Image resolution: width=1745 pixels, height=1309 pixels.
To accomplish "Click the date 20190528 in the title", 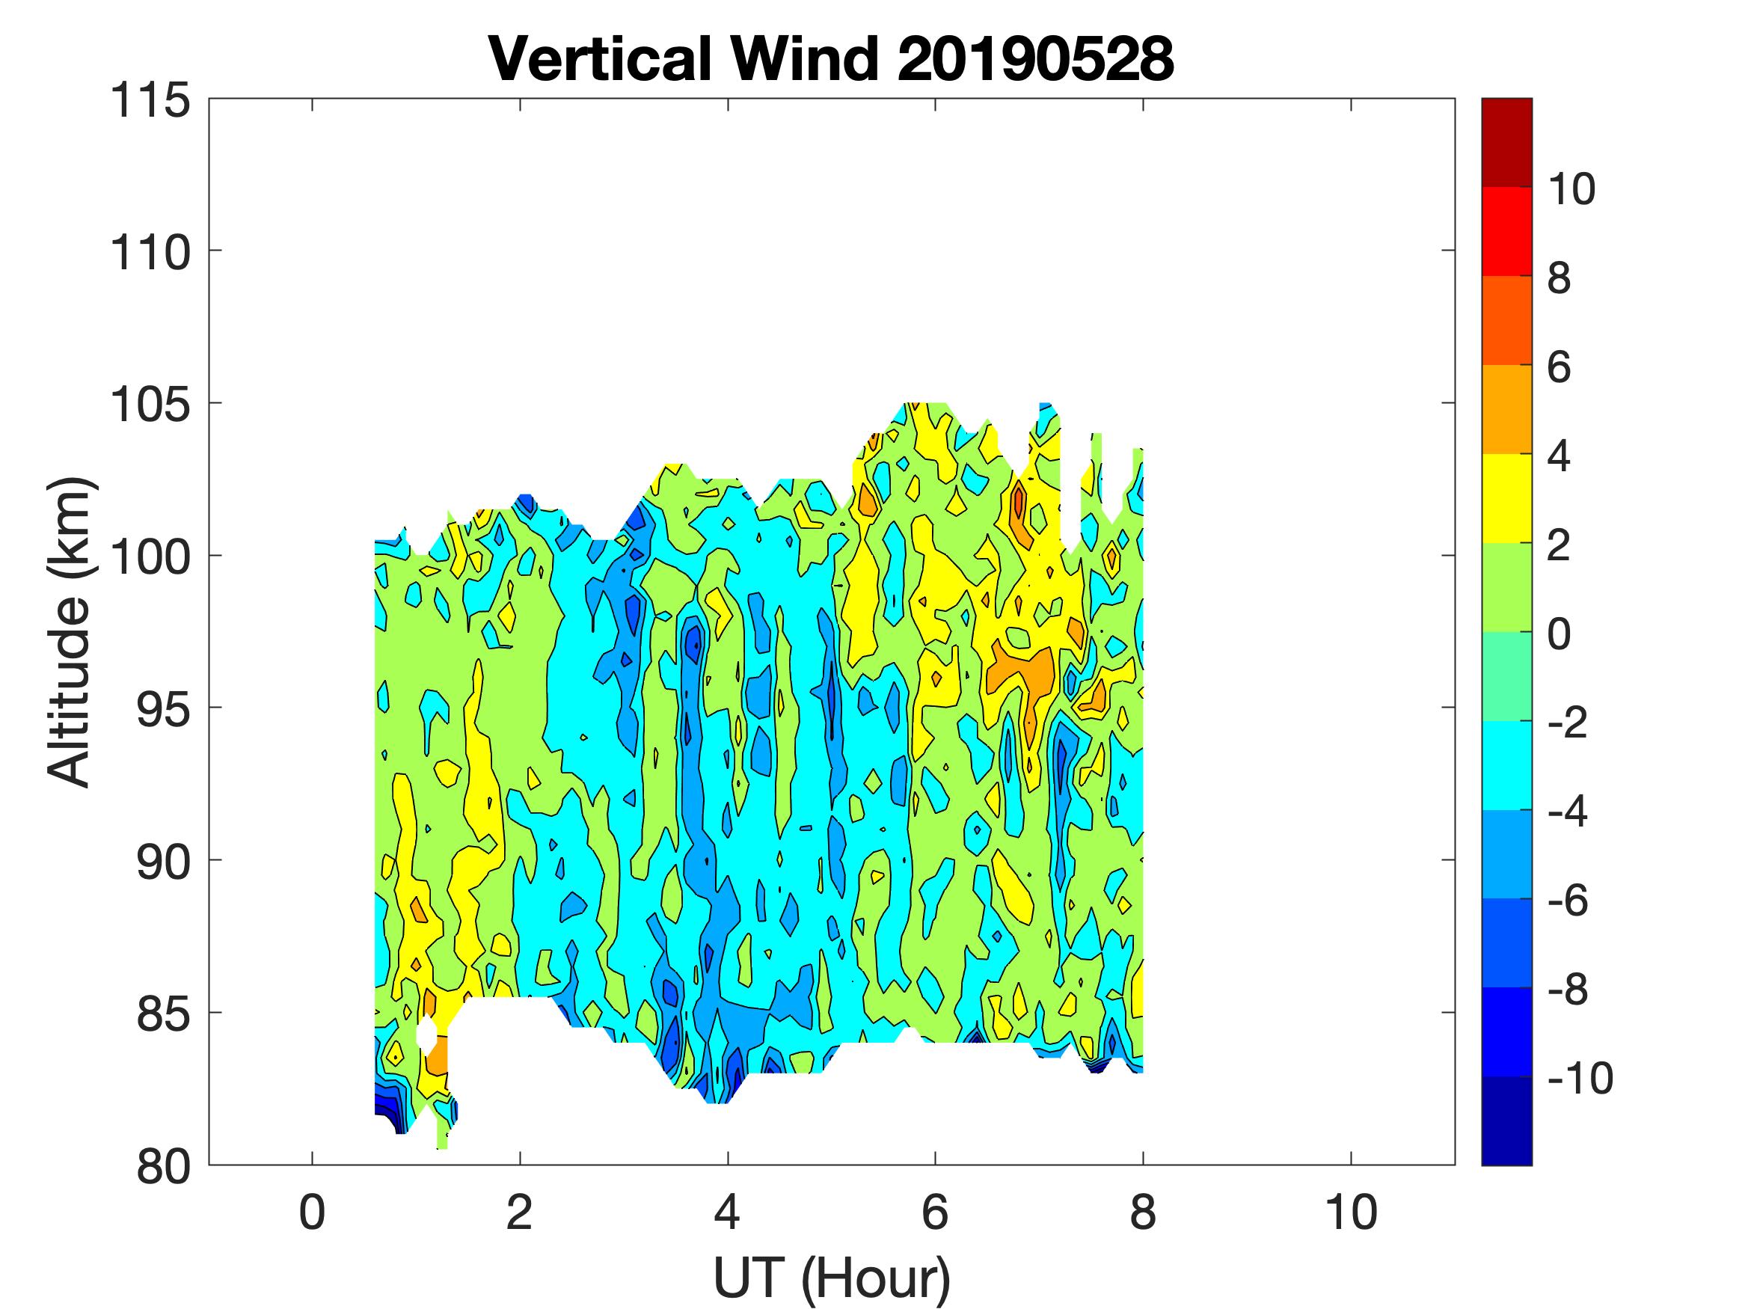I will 1035,60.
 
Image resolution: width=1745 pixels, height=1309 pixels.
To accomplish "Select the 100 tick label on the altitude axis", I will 150,557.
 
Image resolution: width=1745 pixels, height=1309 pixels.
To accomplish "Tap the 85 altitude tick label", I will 164,1014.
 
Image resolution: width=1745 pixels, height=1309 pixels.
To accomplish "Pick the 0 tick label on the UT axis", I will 313,1213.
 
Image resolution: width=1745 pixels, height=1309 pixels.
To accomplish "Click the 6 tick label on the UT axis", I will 935,1213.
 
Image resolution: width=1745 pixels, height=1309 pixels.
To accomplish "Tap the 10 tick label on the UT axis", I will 1351,1213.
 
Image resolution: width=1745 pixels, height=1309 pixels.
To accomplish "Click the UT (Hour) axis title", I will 832,1278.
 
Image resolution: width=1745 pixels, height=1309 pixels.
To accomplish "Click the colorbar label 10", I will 1571,189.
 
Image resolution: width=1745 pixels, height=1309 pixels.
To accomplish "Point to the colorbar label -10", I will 1580,1078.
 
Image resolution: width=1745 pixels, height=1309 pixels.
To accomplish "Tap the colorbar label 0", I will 1559,634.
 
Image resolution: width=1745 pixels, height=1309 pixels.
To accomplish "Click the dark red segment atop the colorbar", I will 1506,142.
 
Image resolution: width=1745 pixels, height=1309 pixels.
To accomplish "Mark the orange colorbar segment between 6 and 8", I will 1506,320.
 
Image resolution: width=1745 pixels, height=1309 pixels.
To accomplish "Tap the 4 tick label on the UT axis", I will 727,1213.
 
